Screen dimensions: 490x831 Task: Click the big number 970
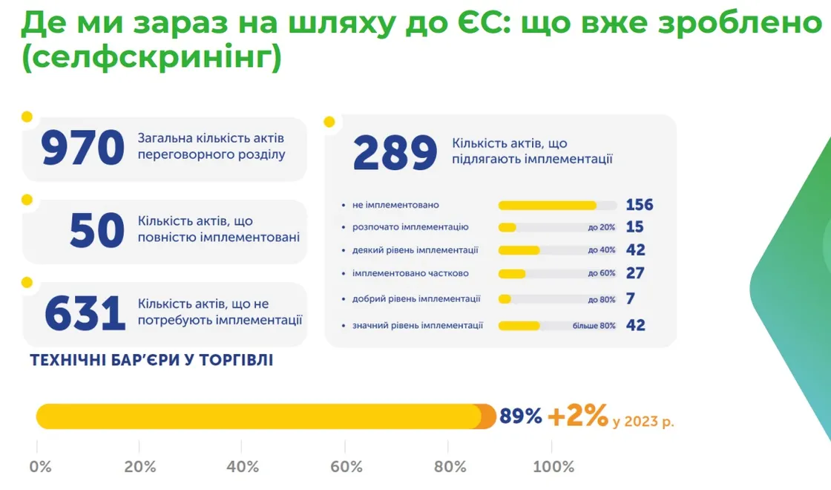[x=82, y=148]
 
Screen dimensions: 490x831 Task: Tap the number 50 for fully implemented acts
[x=96, y=231]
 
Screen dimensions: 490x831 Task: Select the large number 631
[x=85, y=314]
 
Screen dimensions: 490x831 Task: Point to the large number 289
[x=395, y=154]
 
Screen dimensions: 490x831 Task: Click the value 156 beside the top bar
[x=639, y=205]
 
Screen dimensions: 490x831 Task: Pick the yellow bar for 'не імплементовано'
[x=548, y=206]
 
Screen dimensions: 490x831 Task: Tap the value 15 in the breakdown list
[x=634, y=227]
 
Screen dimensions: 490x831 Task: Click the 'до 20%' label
[x=601, y=228]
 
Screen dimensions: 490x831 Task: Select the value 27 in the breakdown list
[x=634, y=273]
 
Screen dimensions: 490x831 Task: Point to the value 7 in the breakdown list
[x=630, y=298]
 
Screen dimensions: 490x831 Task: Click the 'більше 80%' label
[x=594, y=326]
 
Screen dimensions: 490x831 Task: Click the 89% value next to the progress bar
[x=521, y=416]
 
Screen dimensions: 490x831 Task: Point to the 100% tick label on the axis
[x=554, y=467]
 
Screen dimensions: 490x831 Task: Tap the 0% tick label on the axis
[x=40, y=467]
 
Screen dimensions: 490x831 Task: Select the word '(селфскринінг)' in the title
[x=151, y=59]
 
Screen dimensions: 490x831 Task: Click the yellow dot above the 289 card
[x=329, y=122]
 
